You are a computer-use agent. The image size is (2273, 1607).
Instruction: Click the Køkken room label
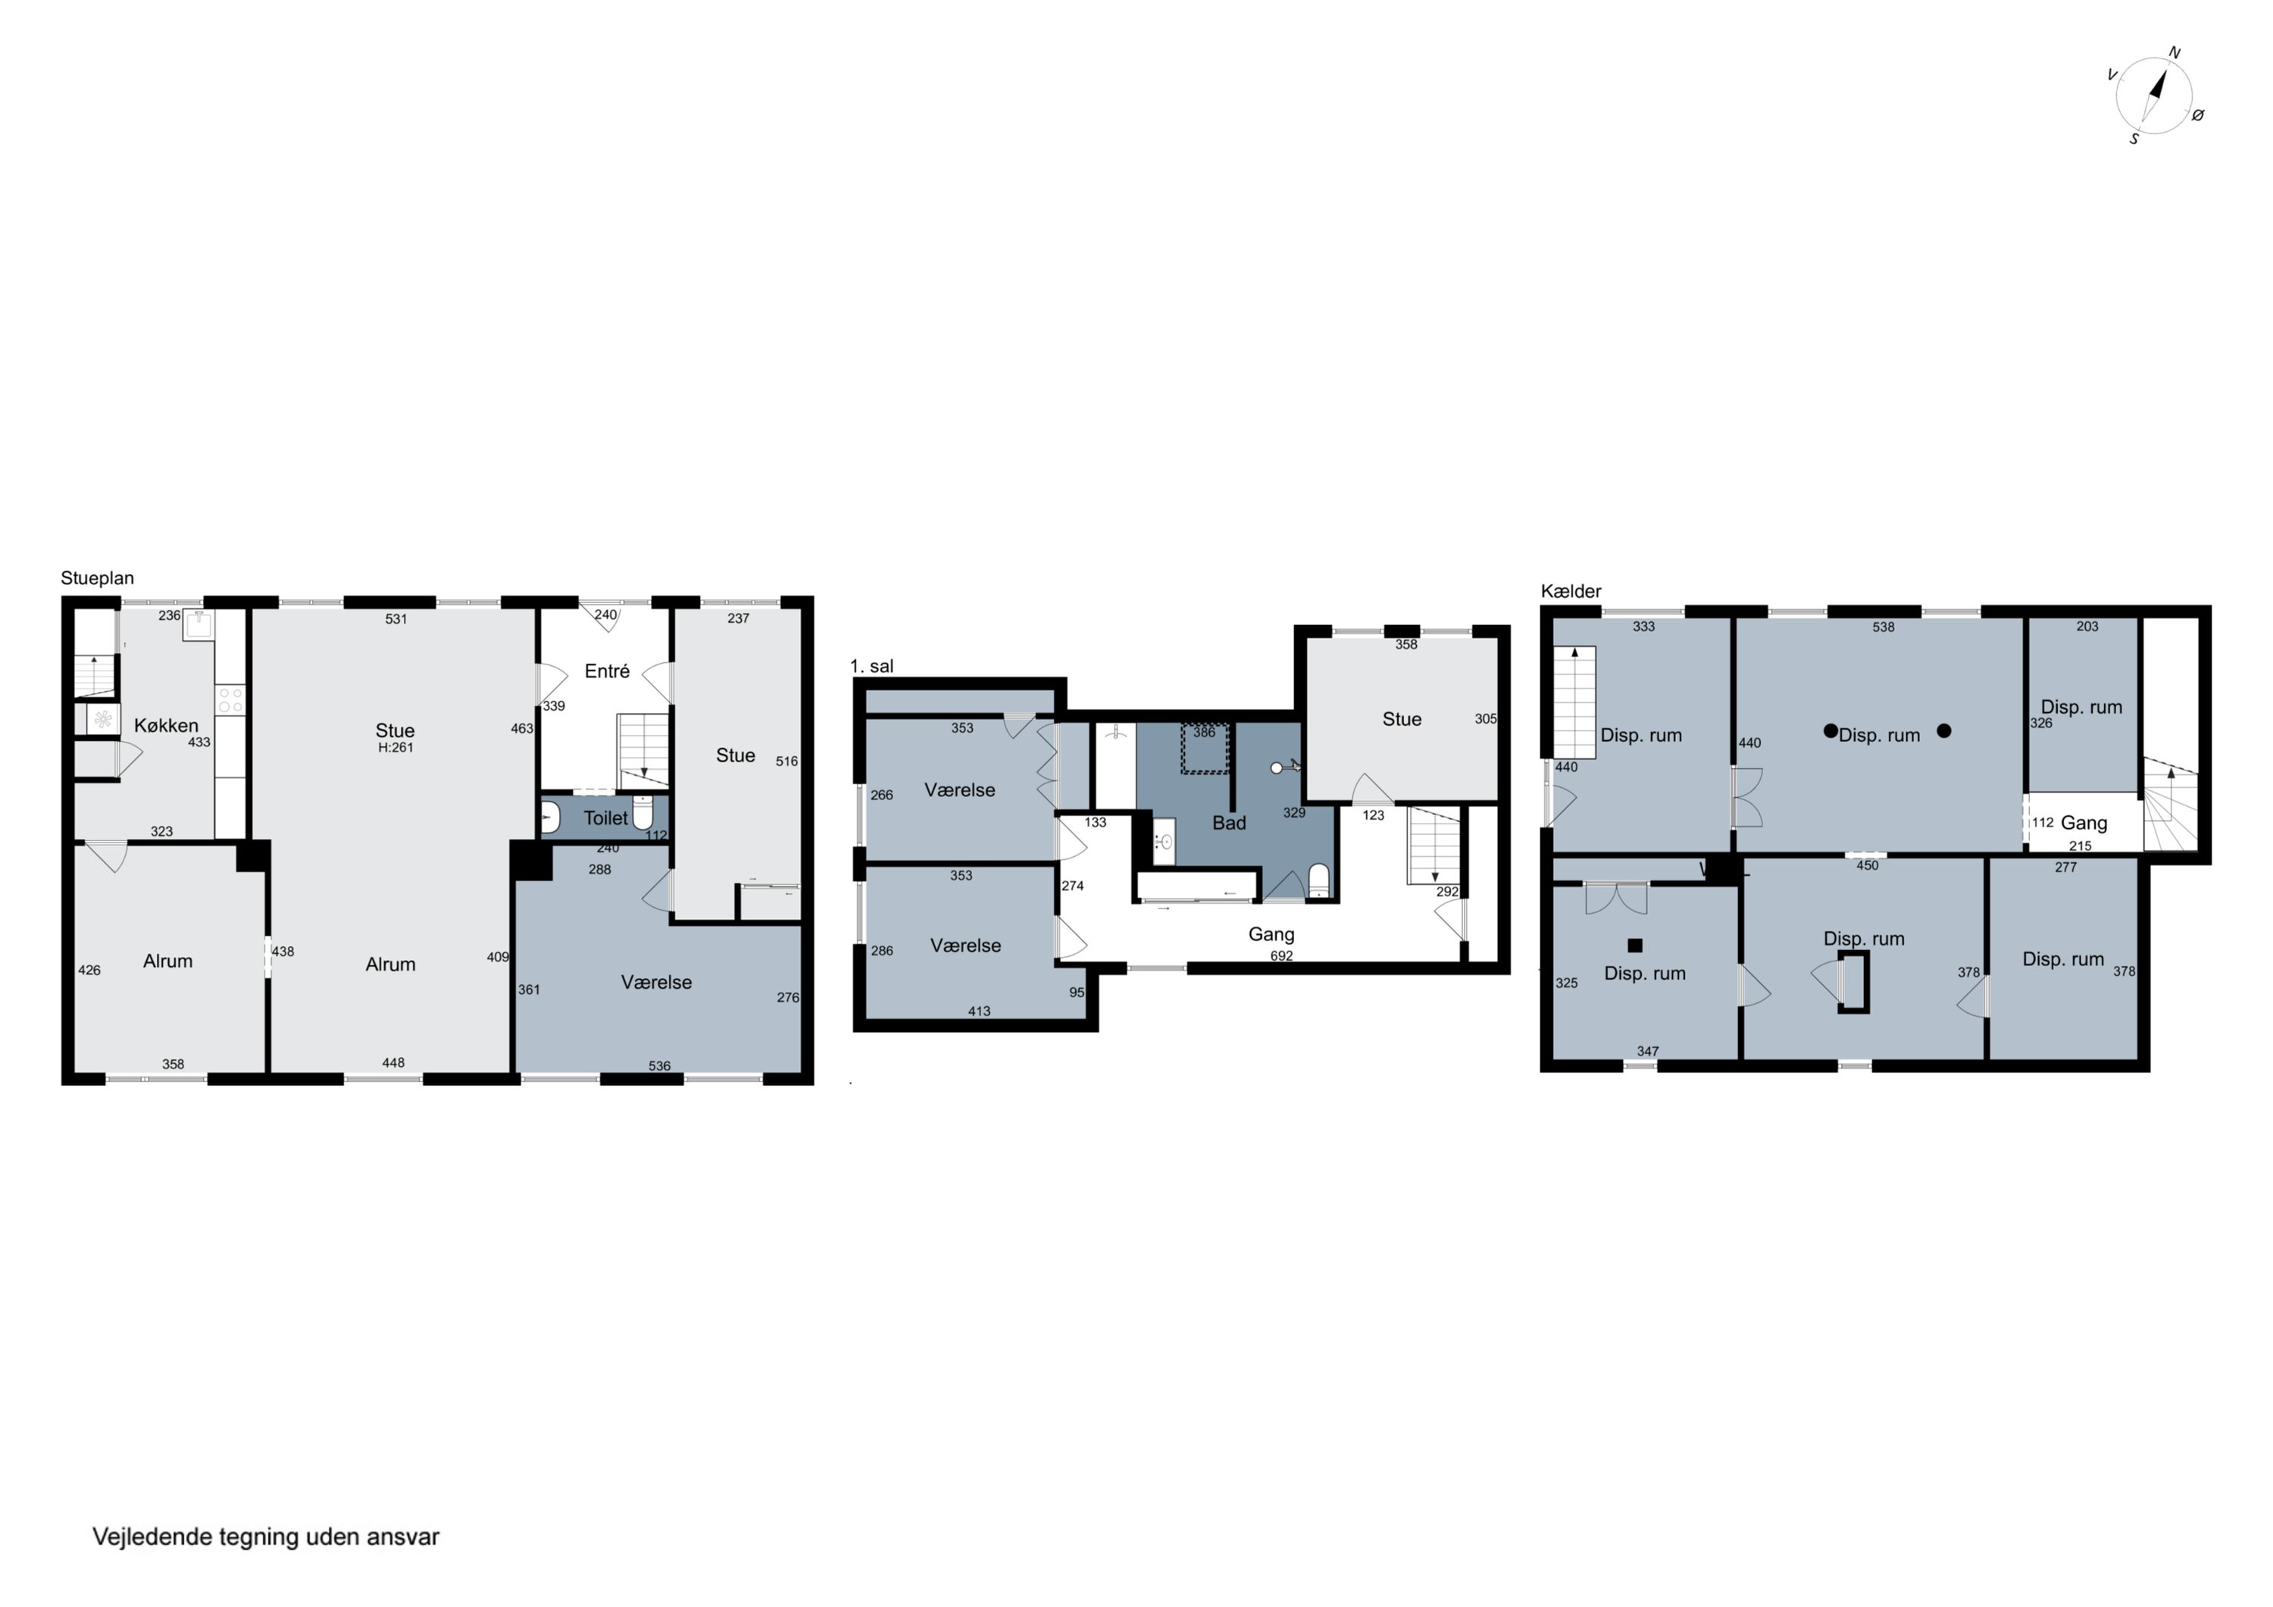coord(167,726)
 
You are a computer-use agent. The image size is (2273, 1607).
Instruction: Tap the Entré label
coord(607,671)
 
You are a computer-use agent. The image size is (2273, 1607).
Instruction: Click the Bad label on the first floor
coord(1229,823)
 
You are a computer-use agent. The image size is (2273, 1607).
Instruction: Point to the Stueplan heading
coord(97,578)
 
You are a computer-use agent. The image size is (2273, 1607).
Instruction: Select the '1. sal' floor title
coord(871,667)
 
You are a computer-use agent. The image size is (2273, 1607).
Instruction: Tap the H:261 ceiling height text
coord(395,748)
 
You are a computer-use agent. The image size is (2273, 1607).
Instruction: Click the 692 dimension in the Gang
coord(1281,955)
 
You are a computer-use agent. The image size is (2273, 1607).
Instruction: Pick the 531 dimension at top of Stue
coord(396,619)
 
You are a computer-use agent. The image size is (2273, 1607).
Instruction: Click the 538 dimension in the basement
coord(1883,627)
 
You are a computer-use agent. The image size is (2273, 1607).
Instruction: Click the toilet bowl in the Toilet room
coord(643,815)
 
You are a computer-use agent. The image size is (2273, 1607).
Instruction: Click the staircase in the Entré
coord(643,752)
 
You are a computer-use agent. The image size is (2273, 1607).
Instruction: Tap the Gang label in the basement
coord(2083,823)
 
